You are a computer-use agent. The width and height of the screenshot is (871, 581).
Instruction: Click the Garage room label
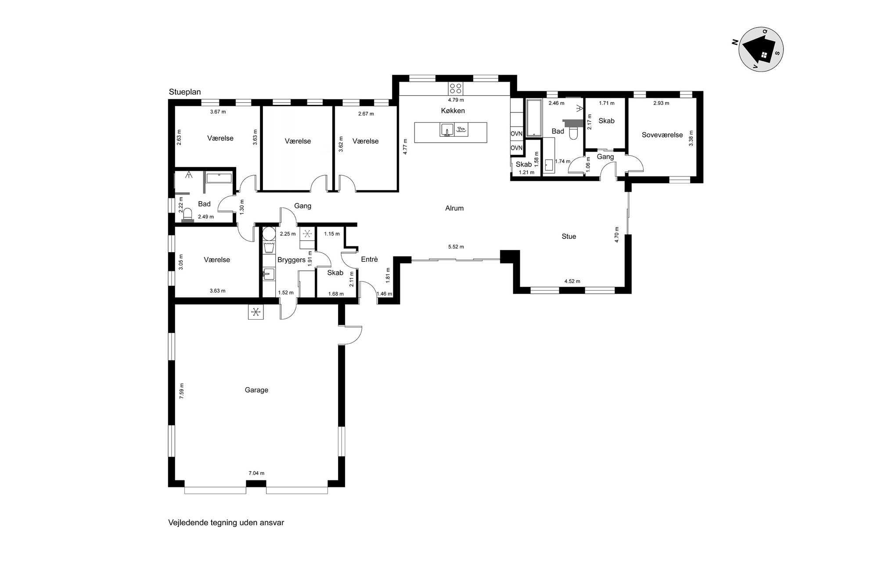point(256,390)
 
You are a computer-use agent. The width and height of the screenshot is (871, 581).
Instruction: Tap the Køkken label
point(453,111)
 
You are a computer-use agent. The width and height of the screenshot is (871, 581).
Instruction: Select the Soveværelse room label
point(662,135)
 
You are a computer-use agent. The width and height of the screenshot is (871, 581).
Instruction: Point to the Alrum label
point(454,208)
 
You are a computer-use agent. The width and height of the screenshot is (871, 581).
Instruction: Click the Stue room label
point(569,236)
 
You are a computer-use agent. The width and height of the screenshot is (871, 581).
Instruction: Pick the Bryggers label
point(291,260)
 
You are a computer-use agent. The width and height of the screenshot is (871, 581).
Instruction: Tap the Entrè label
point(369,260)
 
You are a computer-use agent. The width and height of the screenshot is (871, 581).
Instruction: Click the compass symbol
point(762,49)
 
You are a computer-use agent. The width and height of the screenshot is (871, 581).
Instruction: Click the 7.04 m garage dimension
point(256,473)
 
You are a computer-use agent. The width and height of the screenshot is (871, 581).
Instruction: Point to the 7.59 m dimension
point(182,391)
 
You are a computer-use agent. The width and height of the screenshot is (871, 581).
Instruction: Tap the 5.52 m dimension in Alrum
point(456,247)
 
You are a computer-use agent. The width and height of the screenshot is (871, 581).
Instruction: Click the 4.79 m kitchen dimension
point(456,100)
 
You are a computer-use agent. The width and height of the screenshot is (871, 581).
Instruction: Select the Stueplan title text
point(185,92)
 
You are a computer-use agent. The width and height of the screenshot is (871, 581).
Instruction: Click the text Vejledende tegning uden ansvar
point(226,523)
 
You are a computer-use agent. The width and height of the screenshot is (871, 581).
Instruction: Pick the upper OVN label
point(516,134)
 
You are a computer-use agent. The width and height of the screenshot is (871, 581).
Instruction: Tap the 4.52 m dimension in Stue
point(572,281)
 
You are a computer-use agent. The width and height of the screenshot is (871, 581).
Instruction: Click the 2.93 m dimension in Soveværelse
point(661,103)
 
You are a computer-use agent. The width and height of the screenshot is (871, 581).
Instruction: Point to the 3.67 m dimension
point(218,112)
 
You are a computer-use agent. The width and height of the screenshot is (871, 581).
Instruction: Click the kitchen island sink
point(447,130)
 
